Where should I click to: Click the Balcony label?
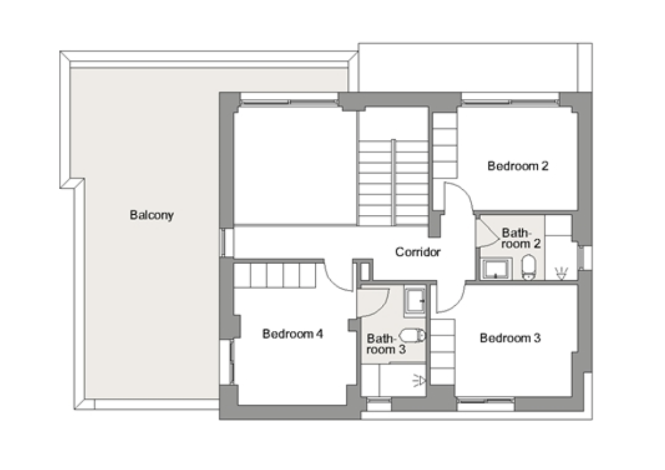152,215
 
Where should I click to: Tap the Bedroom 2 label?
518,166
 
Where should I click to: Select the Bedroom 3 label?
510,338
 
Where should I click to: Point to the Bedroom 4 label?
293,334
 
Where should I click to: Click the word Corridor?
418,252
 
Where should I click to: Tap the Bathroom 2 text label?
521,239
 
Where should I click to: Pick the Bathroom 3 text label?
386,344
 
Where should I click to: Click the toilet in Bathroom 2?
528,267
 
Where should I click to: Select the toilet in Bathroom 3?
413,336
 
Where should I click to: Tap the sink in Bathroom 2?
496,270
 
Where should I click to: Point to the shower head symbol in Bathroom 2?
561,274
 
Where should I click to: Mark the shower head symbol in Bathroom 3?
419,381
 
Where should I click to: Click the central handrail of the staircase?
394,183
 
